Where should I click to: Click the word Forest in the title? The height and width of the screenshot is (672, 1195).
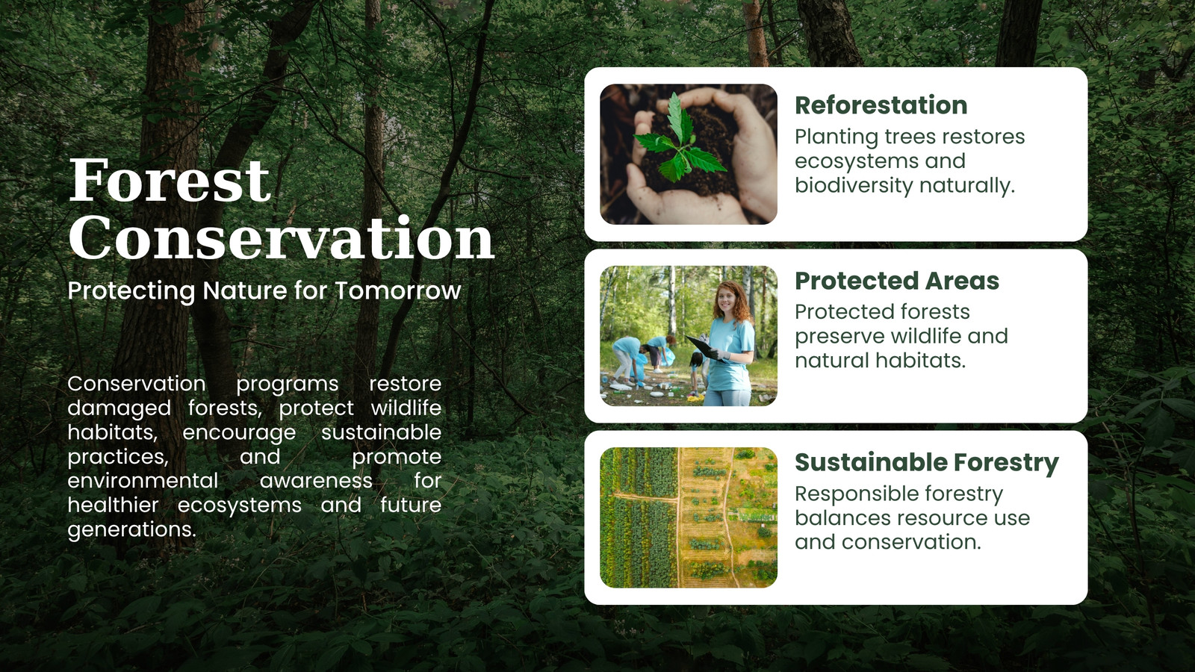(170, 180)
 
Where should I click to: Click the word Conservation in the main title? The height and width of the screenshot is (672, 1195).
(282, 238)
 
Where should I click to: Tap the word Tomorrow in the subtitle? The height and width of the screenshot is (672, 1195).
(398, 291)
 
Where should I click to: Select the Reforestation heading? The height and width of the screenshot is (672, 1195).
(881, 105)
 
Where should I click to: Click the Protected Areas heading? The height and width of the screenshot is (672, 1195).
(897, 281)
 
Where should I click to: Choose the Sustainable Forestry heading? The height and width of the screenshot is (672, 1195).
(927, 463)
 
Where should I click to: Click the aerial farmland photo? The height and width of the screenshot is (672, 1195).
(688, 517)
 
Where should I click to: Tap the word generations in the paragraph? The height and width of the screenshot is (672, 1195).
(131, 529)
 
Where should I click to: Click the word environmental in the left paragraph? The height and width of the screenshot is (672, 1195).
(143, 481)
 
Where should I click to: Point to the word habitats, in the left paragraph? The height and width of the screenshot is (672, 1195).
(113, 432)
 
